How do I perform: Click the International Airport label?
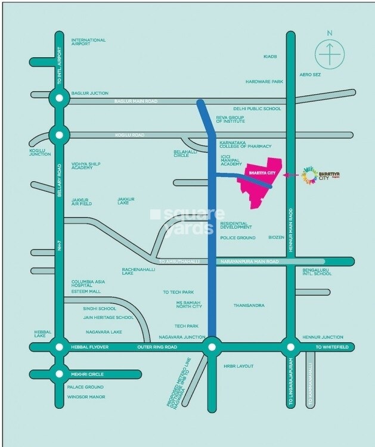[88, 43]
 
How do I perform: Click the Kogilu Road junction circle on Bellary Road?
[58, 135]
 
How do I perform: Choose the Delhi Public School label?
[257, 109]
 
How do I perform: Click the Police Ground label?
[238, 238]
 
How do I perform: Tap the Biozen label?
[276, 238]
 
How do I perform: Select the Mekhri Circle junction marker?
[58, 374]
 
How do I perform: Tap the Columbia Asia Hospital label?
[89, 284]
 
